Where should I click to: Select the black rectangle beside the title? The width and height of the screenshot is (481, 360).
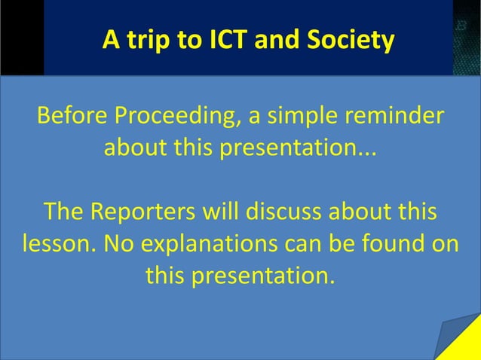click(x=21, y=38)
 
